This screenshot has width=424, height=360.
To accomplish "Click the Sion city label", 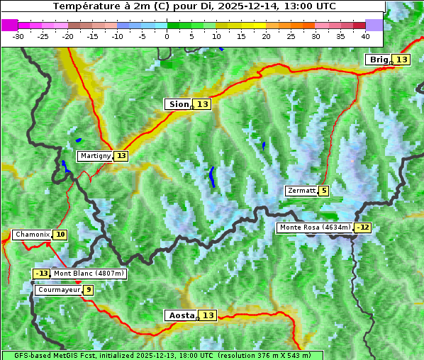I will (x=178, y=104).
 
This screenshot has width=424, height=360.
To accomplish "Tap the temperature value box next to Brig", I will (x=402, y=60).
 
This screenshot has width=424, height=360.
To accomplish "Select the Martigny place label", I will (x=95, y=156).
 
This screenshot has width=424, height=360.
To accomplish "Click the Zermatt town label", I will (x=301, y=191).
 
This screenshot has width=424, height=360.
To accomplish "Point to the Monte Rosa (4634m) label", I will (x=315, y=227).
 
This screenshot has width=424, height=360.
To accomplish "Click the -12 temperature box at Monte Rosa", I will (x=363, y=227).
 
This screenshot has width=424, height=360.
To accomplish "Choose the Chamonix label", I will (x=32, y=235).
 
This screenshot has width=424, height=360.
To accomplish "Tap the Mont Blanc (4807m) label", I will (x=89, y=274).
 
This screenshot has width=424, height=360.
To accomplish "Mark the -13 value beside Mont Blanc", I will (x=42, y=274).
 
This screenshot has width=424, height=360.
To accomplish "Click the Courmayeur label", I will (x=58, y=290).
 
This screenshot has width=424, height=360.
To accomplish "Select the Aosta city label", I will (x=180, y=315).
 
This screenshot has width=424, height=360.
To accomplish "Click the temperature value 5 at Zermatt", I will (x=324, y=191).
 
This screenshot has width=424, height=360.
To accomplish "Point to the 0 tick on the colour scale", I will (x=167, y=35).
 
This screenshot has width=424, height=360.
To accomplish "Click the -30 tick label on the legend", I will (x=18, y=35).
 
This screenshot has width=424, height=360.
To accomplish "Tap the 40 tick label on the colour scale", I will (x=365, y=35).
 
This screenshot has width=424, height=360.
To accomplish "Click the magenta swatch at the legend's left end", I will (x=9, y=25).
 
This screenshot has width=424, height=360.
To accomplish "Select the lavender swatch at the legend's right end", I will (x=374, y=25).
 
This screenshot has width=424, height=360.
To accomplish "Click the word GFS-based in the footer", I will (x=23, y=355).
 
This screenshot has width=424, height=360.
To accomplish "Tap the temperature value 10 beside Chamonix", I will (x=61, y=235).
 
